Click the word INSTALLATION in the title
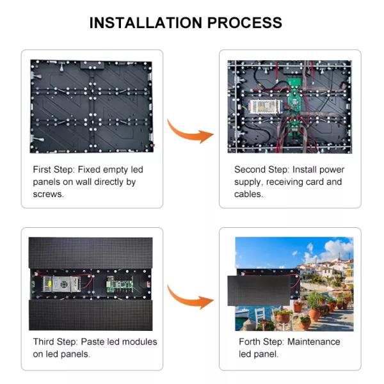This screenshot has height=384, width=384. coord(146,23)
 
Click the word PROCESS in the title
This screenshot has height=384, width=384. coord(244,23)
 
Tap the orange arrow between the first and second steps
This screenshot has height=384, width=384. coord(190,132)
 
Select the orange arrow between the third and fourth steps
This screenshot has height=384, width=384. coord(190,298)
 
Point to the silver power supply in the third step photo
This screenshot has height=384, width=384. coord(62,284)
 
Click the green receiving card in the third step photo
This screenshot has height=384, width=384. coord(120,284)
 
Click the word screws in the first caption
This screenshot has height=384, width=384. coord(48,195)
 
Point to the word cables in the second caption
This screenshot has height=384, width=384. coord(248,194)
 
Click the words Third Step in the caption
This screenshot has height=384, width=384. coord(55,342)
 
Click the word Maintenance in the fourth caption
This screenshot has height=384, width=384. coord(314,342)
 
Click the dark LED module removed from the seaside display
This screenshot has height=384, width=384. coord(259,291)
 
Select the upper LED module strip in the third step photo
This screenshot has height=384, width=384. coord(91,253)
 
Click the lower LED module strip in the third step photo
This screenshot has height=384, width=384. coord(91,315)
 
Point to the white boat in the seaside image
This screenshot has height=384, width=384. coord(242,313)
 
